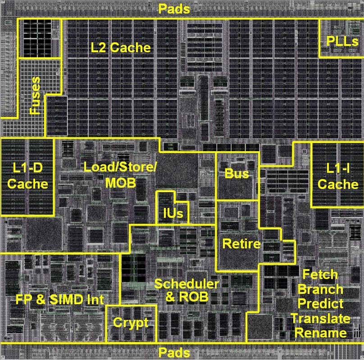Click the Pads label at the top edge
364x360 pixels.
pyautogui.click(x=174, y=9)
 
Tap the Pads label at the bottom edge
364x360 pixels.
pyautogui.click(x=174, y=353)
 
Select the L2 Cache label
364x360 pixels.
pyautogui.click(x=121, y=48)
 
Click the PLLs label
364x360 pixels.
pyautogui.click(x=342, y=41)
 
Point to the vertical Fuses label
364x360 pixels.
pyautogui.click(x=35, y=95)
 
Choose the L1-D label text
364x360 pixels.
pyautogui.click(x=27, y=167)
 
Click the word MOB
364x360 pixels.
pyautogui.click(x=120, y=183)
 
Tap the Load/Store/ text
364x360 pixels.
pyautogui.click(x=120, y=167)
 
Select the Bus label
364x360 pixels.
pyautogui.click(x=237, y=174)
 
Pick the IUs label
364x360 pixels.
pyautogui.click(x=173, y=213)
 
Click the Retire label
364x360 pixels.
pyautogui.click(x=241, y=243)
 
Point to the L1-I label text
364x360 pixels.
pyautogui.click(x=338, y=168)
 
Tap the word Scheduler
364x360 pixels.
pyautogui.click(x=187, y=283)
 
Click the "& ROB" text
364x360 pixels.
pyautogui.click(x=187, y=297)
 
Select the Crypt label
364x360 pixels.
pyautogui.click(x=131, y=323)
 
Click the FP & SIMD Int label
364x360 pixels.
pyautogui.click(x=59, y=299)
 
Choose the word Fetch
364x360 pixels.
pyautogui.click(x=320, y=274)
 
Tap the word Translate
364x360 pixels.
pyautogui.click(x=320, y=319)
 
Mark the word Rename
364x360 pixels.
pyautogui.click(x=321, y=333)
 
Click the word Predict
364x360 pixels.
pyautogui.click(x=320, y=304)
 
